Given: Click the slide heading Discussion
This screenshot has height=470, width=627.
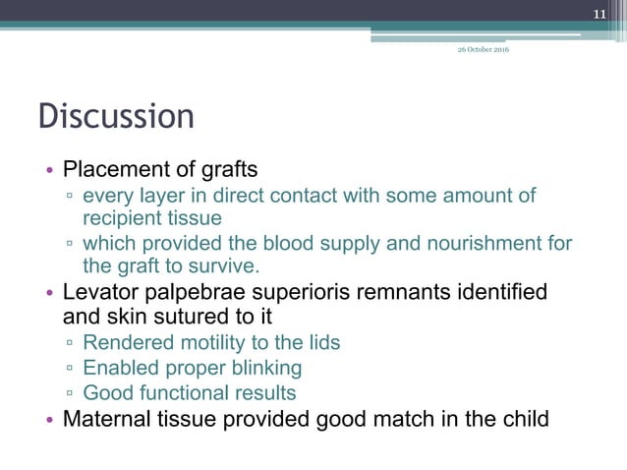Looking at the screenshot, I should [x=116, y=116].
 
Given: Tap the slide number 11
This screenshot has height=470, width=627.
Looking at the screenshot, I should [x=602, y=14].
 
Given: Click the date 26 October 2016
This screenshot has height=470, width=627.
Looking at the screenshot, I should [x=482, y=50].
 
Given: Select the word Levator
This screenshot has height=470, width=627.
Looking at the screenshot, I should [x=100, y=292].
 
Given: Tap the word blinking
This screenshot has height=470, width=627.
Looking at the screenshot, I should [x=261, y=369].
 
